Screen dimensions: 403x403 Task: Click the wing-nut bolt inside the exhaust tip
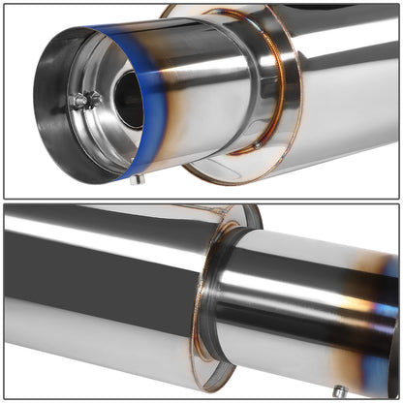pyautogui.click(x=86, y=100)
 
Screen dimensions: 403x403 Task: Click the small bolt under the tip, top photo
pyautogui.click(x=138, y=179)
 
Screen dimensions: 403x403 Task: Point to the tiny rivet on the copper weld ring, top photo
pyautogui.click(x=258, y=145)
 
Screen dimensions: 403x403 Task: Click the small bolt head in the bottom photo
pyautogui.click(x=339, y=390)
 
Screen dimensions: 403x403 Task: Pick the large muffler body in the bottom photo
pyautogui.click(x=97, y=291)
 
